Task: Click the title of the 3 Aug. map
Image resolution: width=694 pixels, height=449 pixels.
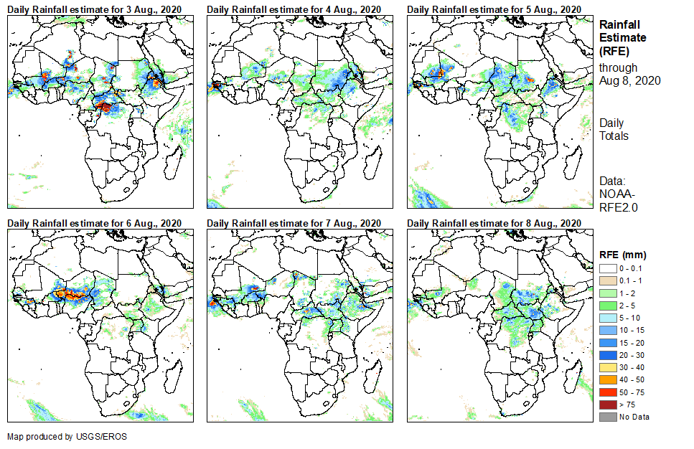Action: tap(94, 9)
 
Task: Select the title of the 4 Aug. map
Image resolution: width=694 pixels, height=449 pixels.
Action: tap(294, 9)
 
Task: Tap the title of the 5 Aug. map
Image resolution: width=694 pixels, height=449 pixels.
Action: tap(494, 9)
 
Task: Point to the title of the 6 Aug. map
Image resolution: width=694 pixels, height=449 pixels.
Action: tap(94, 222)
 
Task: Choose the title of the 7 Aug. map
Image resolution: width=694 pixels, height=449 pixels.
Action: tap(294, 222)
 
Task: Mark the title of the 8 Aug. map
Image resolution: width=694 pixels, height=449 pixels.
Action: tap(494, 222)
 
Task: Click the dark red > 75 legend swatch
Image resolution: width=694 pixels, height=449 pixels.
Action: tap(606, 405)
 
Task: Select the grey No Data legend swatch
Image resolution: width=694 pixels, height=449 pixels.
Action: tap(606, 417)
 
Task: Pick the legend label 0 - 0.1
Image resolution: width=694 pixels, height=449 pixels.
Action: tap(632, 268)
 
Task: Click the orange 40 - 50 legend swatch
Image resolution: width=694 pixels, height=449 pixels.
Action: tap(606, 382)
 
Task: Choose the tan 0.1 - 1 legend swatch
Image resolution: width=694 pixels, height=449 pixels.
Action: tap(606, 279)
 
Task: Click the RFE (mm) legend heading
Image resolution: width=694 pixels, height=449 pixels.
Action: tap(623, 255)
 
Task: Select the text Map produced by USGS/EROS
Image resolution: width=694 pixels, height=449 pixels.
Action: tap(57, 436)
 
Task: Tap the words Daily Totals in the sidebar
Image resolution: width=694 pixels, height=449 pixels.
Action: tap(614, 129)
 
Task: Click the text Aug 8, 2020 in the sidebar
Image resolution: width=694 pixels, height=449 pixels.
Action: tap(630, 81)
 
